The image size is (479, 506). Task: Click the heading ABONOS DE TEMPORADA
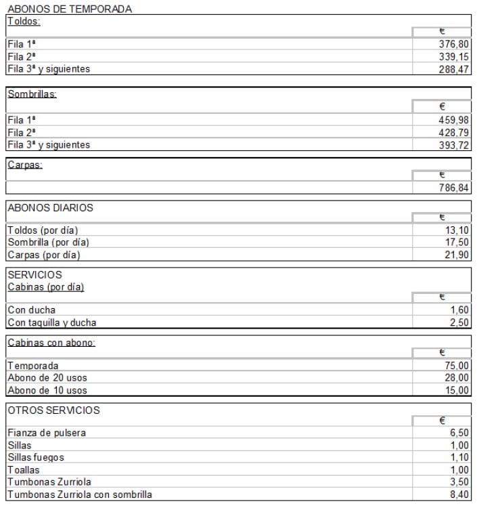click(69, 9)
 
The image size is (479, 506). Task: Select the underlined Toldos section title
click(24, 21)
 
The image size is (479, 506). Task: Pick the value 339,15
click(454, 57)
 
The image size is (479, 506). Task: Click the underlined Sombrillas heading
click(32, 94)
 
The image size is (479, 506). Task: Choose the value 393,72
click(454, 145)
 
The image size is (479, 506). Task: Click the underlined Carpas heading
click(24, 165)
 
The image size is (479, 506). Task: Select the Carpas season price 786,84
click(454, 188)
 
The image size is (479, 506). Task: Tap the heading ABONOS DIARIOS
click(50, 208)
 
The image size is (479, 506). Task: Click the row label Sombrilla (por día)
click(48, 243)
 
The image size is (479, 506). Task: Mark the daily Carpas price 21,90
click(457, 255)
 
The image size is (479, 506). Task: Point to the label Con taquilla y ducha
click(51, 322)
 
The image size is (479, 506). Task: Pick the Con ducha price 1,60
click(459, 310)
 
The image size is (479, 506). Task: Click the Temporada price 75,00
click(457, 366)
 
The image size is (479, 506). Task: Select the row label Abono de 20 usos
click(47, 378)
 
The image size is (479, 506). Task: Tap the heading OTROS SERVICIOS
click(53, 410)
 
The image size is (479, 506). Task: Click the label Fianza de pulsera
click(47, 433)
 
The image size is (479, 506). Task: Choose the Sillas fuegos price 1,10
click(459, 457)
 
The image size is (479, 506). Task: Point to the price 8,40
click(459, 494)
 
